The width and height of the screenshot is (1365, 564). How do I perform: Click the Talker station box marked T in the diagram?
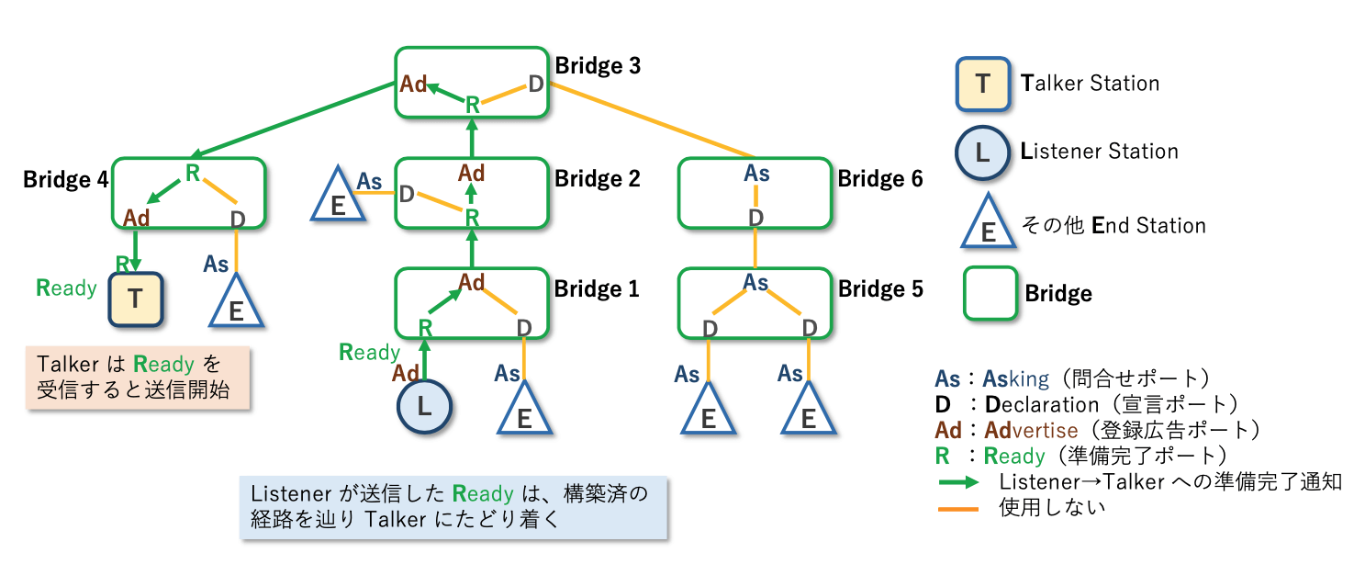coord(136,299)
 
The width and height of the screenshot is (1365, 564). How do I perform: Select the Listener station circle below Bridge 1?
coord(424,407)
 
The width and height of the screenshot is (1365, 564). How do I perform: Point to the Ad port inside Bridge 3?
coord(414,85)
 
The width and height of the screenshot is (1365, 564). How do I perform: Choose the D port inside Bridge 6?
coord(755,218)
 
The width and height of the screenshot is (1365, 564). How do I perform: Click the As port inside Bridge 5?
coord(755,282)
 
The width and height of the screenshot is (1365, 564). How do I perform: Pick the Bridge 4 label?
coord(65,179)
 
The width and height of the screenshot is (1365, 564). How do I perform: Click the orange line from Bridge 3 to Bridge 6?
coord(652,119)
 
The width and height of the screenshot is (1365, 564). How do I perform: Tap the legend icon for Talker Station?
coord(983,85)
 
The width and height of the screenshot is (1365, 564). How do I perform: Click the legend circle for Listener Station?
coord(983,152)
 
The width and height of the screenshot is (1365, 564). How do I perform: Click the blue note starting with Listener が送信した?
coord(451,506)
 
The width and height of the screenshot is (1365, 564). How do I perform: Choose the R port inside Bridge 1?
coord(425,327)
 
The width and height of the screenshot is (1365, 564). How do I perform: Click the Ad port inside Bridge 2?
coord(472,173)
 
